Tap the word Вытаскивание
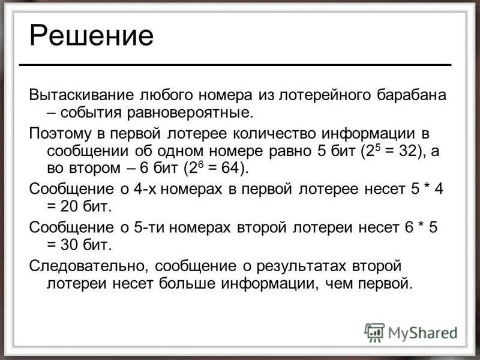82,95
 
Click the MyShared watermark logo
410,332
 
